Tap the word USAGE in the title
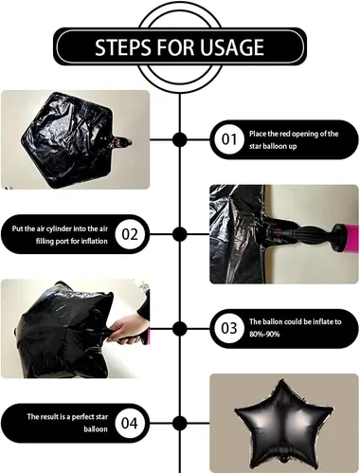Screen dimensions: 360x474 click(x=232, y=47)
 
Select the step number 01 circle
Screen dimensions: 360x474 click(x=229, y=139)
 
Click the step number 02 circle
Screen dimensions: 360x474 click(x=130, y=234)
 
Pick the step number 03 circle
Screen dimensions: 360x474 click(x=229, y=328)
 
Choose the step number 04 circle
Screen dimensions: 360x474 click(x=130, y=423)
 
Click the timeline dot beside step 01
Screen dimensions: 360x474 click(x=180, y=139)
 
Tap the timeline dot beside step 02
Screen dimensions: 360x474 click(x=180, y=234)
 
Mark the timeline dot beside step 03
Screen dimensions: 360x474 click(x=180, y=328)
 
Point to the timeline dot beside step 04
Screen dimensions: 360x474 click(x=180, y=423)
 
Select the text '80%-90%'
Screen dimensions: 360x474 click(x=264, y=335)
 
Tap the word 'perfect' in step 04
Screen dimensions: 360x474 click(x=85, y=417)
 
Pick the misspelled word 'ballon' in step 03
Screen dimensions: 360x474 click(x=272, y=321)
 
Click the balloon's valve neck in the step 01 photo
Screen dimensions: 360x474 click(x=121, y=142)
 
